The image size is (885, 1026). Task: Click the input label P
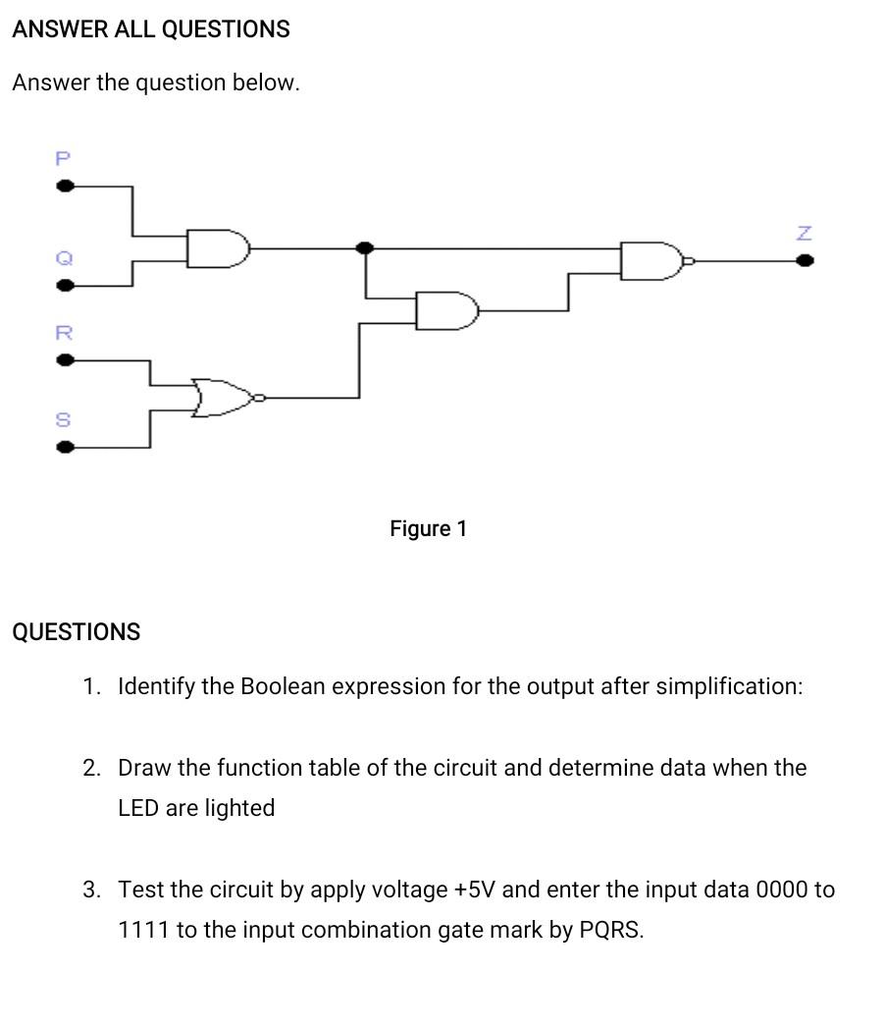pos(64,158)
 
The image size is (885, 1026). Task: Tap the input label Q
pos(64,258)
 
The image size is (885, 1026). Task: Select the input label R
pos(64,333)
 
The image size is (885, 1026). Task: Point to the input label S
pos(64,420)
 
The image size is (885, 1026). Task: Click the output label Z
pos(805,234)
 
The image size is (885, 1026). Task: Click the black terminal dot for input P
pos(65,186)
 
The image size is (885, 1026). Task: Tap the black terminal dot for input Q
pos(65,286)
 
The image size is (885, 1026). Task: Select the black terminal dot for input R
pos(65,360)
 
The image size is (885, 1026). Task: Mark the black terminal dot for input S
pos(65,448)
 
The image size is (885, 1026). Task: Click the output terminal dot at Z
pos(805,261)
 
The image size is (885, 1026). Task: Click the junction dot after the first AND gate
pos(365,248)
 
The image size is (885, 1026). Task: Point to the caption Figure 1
pos(428,529)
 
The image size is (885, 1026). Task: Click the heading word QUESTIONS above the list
pos(77,632)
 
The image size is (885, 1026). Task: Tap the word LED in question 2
pos(138,808)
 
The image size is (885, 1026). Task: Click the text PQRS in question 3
pos(608,930)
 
